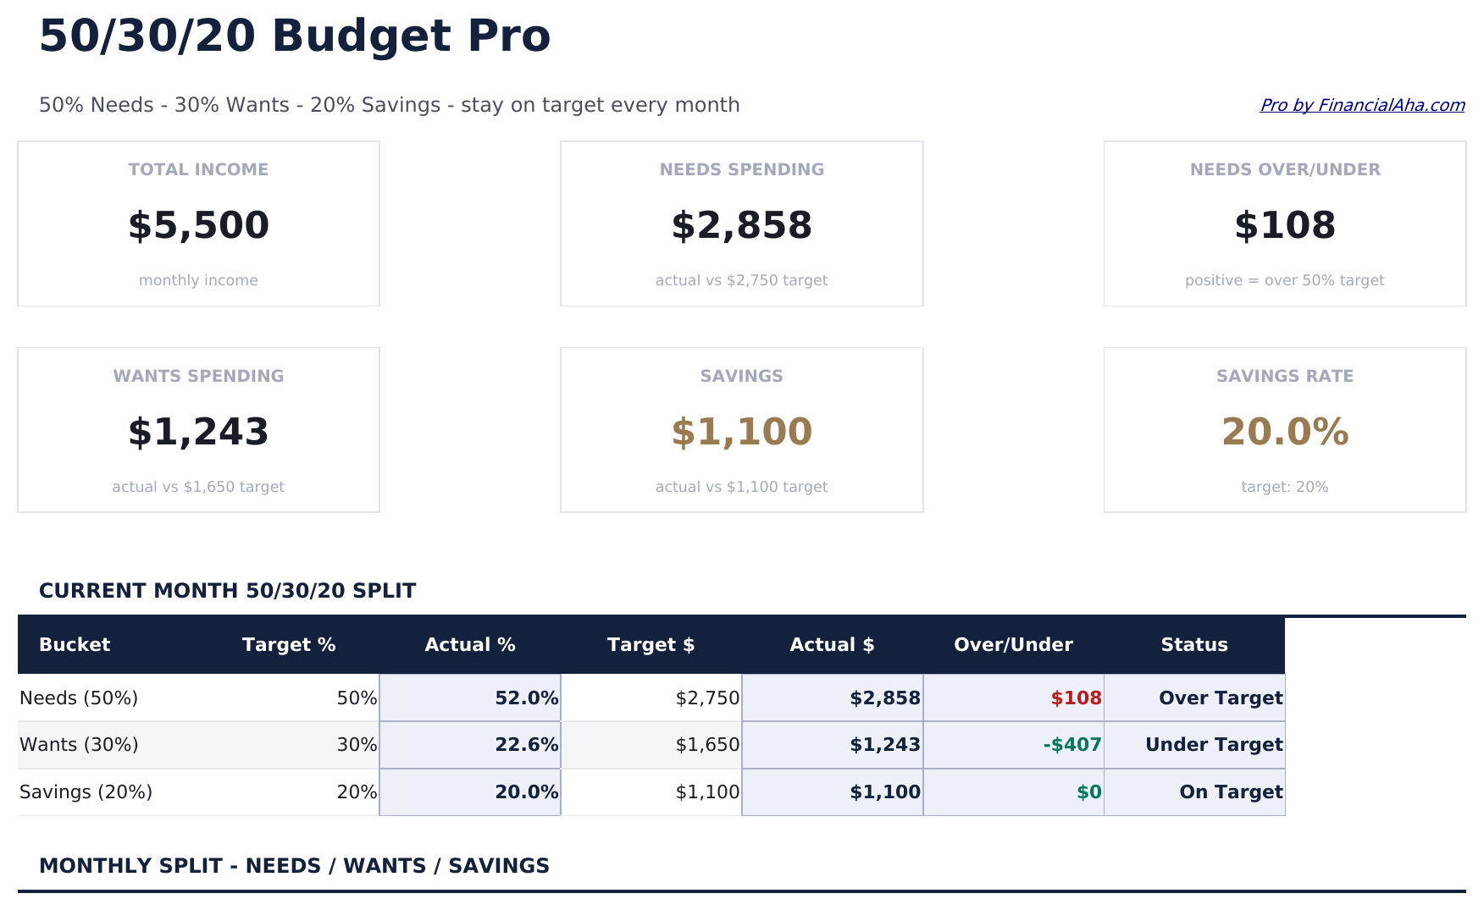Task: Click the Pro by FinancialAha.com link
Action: [x=1361, y=105]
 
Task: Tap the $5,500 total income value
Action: [x=198, y=226]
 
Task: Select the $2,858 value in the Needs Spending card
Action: [x=741, y=226]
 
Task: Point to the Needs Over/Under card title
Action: [x=1284, y=169]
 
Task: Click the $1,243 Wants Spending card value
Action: [x=198, y=433]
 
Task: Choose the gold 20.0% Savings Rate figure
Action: [x=1284, y=433]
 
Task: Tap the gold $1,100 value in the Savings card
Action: [x=741, y=433]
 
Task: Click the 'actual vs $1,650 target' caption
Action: [x=198, y=487]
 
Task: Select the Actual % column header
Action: [x=469, y=645]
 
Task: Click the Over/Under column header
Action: [x=1013, y=645]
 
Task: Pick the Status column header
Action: [x=1193, y=645]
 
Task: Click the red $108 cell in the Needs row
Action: [x=1075, y=698]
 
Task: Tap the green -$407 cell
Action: [x=1071, y=745]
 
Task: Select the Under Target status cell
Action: [x=1213, y=745]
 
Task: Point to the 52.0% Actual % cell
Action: [x=526, y=698]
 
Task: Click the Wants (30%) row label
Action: [x=79, y=745]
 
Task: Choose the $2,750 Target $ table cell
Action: [x=707, y=698]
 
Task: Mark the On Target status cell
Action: [x=1230, y=792]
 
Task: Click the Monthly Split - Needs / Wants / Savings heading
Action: [x=294, y=866]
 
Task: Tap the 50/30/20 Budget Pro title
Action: [x=294, y=36]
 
